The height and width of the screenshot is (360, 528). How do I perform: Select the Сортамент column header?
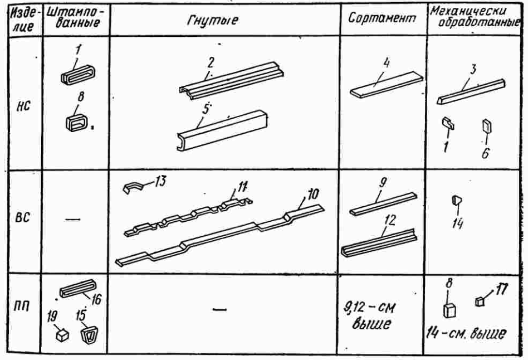pyautogui.click(x=383, y=18)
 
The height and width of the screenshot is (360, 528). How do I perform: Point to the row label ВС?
pyautogui.click(x=23, y=219)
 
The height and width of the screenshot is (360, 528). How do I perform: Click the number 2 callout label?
pyautogui.click(x=211, y=60)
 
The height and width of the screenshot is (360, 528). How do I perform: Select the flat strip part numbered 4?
pyautogui.click(x=384, y=84)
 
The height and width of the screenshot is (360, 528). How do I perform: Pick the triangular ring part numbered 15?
pyautogui.click(x=88, y=335)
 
